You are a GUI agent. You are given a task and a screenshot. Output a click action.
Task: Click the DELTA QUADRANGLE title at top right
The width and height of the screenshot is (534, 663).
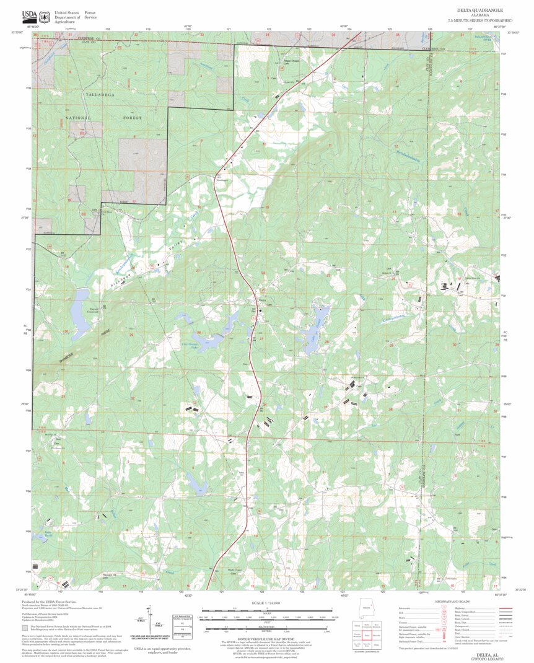click(479, 11)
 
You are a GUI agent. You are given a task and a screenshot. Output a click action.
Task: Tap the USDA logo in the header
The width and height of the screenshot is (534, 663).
click(29, 15)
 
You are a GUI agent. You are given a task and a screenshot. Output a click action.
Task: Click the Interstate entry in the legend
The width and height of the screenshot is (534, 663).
click(409, 608)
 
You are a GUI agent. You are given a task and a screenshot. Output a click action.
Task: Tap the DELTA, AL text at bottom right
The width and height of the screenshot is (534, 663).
click(486, 654)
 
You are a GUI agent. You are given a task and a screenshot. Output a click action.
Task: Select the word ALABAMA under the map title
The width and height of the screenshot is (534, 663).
click(479, 16)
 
